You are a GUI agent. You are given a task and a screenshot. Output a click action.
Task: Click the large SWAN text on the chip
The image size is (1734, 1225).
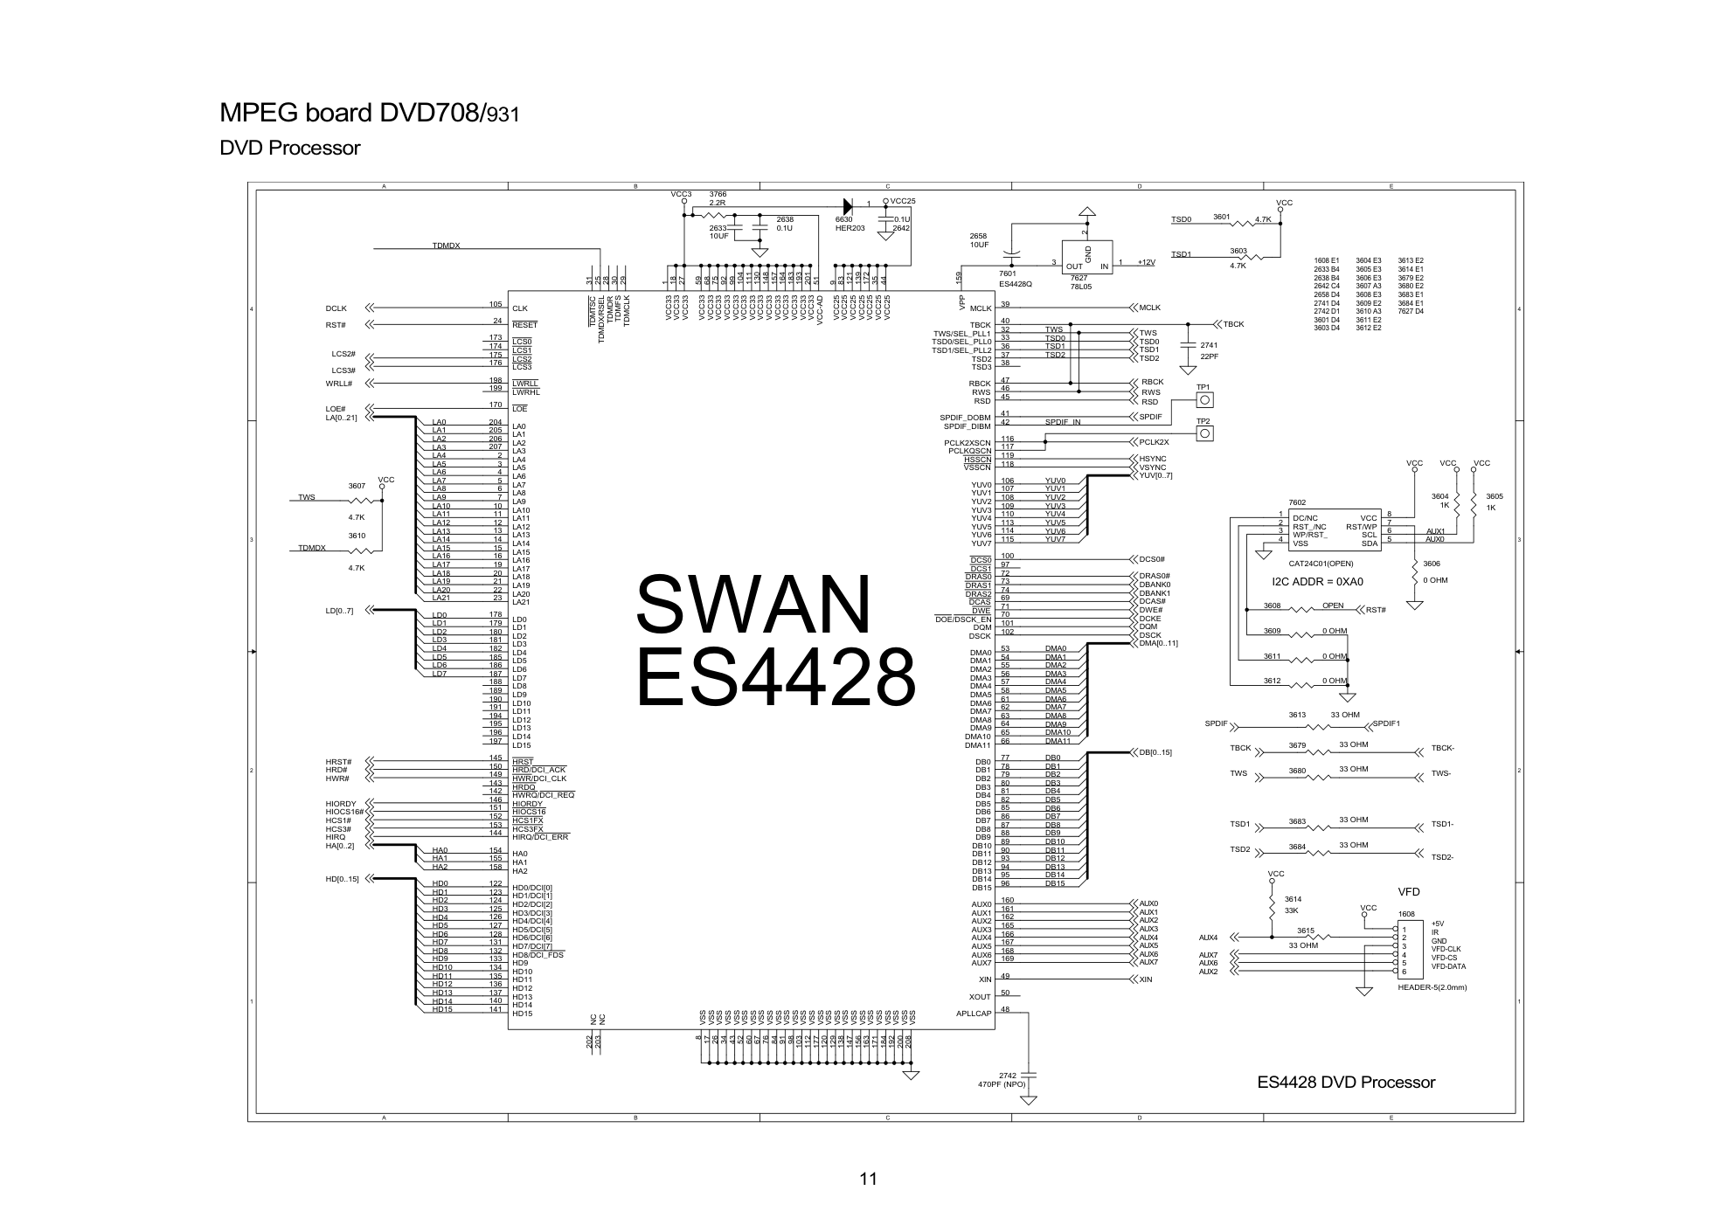754,605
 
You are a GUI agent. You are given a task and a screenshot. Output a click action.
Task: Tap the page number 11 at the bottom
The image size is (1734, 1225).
867,1179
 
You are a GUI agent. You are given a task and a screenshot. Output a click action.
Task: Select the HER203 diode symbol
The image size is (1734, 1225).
847,205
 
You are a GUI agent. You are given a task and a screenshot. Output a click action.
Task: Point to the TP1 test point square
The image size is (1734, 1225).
1203,400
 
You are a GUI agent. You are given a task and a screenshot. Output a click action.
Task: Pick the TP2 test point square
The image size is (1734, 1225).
1203,434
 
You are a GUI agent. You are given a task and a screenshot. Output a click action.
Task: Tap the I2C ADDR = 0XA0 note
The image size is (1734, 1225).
1317,582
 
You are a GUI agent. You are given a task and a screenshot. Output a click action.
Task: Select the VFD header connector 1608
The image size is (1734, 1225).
1407,947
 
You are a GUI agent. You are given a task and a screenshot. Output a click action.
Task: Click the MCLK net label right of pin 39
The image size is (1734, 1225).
1149,308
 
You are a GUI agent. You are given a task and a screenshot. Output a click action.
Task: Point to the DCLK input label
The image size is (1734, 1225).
336,308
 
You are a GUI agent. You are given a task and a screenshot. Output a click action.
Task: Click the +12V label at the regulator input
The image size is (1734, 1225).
1146,263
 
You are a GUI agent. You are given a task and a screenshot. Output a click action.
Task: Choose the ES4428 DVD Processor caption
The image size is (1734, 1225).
1346,1083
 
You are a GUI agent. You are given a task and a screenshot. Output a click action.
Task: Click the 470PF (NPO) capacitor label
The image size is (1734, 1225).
1002,1084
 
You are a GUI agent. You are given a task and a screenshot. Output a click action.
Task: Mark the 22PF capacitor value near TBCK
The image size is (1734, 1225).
1210,356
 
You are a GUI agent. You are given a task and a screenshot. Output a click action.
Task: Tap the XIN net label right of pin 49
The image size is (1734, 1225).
1145,979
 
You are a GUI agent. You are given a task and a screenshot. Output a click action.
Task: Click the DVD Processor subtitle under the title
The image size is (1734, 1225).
289,149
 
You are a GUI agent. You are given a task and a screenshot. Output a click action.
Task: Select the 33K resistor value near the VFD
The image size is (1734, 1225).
1291,910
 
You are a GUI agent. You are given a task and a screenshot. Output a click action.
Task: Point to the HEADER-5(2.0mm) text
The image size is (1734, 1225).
1432,987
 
